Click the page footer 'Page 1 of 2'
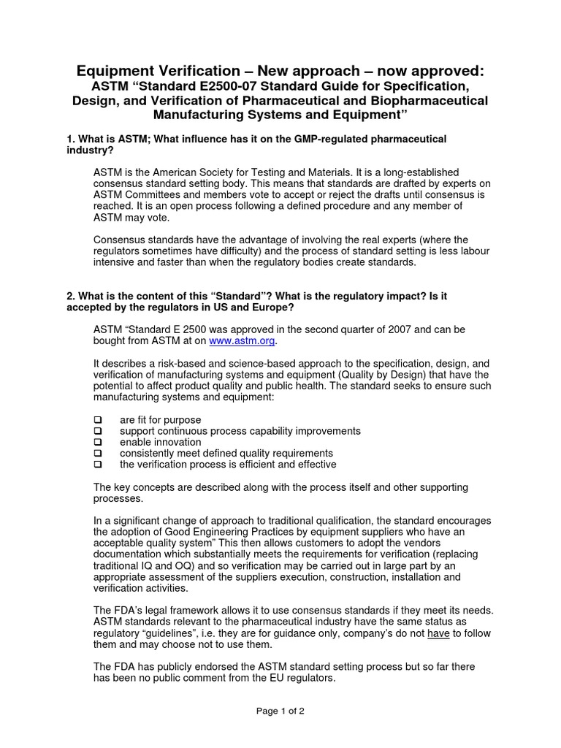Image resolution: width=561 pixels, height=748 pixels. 280,711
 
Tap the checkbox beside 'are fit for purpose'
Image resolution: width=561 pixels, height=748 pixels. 97,420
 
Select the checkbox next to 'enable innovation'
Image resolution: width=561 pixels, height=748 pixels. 97,442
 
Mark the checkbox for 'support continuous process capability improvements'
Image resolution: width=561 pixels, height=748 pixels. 97,431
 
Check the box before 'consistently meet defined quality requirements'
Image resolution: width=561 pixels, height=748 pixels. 97,453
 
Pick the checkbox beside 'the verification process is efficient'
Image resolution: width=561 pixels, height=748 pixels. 97,464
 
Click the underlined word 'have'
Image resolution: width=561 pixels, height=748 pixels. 438,633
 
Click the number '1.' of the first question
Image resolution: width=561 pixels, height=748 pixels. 71,139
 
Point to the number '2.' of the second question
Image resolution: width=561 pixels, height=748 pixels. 71,296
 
